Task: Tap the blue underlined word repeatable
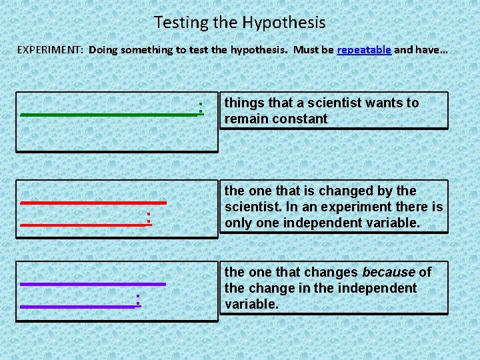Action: [364, 50]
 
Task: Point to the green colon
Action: [201, 107]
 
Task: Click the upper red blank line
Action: [93, 201]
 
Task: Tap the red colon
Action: [149, 217]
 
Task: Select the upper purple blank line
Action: [93, 284]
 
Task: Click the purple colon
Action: [138, 299]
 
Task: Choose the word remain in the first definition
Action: [245, 119]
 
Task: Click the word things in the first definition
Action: [243, 103]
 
